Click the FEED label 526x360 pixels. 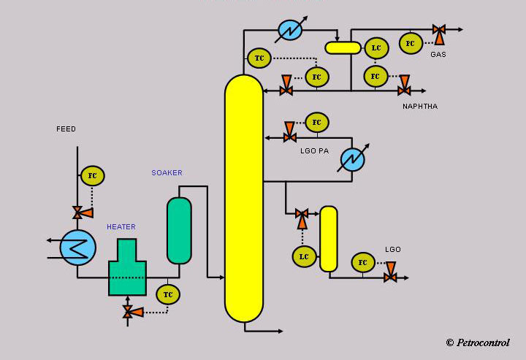tap(66, 129)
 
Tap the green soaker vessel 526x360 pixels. tap(179, 231)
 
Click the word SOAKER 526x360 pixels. tap(167, 172)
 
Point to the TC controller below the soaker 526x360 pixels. tap(168, 294)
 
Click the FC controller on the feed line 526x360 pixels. tap(93, 176)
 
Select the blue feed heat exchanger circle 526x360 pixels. tap(78, 248)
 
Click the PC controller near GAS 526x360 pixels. tap(411, 43)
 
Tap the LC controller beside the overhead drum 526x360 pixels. tap(376, 48)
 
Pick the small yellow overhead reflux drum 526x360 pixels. tap(343, 48)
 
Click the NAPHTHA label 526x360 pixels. tap(420, 107)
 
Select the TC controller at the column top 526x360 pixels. tap(259, 58)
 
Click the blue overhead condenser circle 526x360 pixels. tap(290, 30)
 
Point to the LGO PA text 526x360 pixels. tap(314, 151)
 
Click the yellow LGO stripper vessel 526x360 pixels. tap(329, 239)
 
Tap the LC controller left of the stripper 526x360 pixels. tap(304, 257)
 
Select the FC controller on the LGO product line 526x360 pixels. tap(363, 262)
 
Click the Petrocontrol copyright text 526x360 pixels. tap(478, 342)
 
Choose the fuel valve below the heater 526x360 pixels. tap(128, 312)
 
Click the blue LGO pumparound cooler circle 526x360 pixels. tap(353, 159)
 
